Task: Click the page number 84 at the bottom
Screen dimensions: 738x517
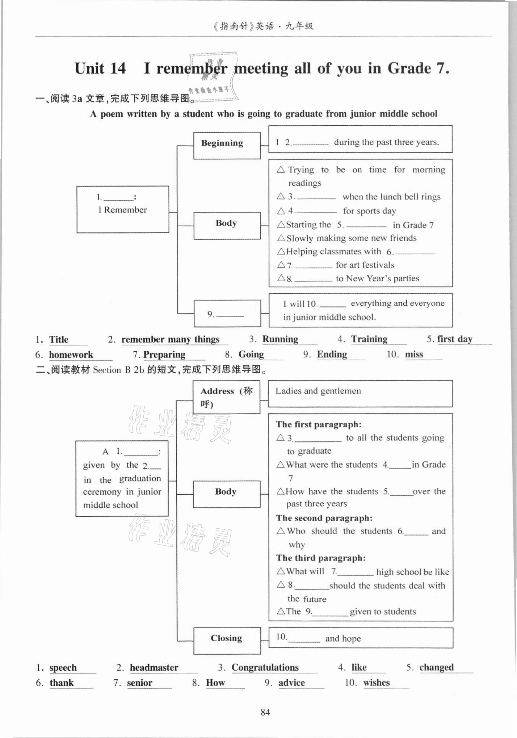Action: pos(265,712)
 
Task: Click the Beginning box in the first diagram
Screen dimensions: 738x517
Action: pos(227,145)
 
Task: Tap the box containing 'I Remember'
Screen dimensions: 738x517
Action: pos(122,209)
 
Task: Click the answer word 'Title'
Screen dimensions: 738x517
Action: pos(59,339)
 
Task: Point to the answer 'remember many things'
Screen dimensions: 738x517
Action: pos(170,339)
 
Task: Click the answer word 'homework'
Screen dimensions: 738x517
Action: pos(71,355)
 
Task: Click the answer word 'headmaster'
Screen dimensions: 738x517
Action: pos(154,667)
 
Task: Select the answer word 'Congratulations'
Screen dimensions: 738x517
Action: pos(265,667)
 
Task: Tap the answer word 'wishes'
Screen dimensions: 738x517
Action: pos(376,683)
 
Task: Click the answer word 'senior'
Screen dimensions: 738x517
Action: pos(139,683)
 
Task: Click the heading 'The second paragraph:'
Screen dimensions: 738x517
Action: pos(324,518)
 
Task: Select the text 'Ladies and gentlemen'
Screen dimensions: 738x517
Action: pos(318,391)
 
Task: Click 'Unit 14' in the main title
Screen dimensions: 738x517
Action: pos(100,68)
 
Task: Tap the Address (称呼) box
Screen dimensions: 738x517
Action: pos(226,397)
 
